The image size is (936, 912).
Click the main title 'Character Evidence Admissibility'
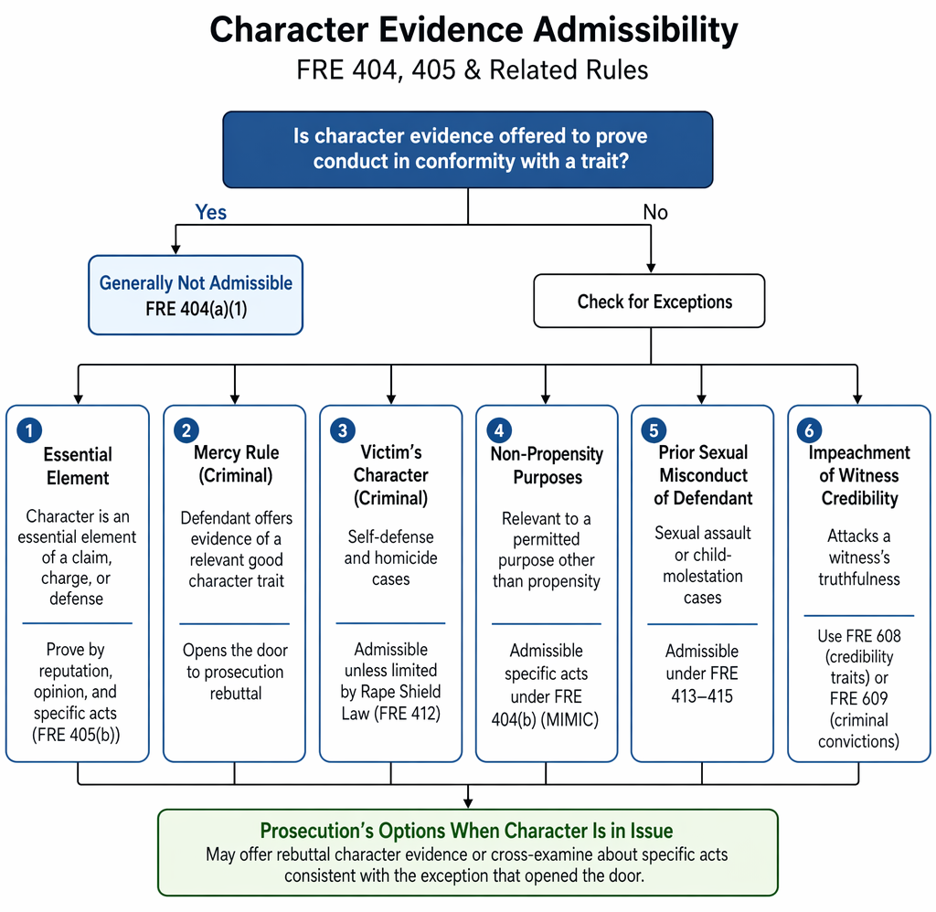[x=473, y=30]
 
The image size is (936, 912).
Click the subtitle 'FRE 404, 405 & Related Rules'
[x=473, y=69]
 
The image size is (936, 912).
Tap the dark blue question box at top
[x=468, y=149]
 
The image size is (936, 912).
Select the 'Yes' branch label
[x=211, y=212]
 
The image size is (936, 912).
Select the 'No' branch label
[x=654, y=212]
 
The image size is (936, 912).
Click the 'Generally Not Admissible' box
[x=196, y=295]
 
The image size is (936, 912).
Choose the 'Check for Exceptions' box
[x=649, y=301]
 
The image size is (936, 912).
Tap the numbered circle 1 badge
[x=29, y=430]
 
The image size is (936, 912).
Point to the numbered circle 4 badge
[x=499, y=430]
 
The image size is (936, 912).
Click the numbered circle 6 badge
[x=810, y=430]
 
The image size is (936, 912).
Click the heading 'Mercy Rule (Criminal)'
[x=236, y=463]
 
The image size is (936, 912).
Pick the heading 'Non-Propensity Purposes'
[x=547, y=465]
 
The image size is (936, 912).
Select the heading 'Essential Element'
[x=78, y=466]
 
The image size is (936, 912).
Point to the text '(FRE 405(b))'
[x=76, y=735]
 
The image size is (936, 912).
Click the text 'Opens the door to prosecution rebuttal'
[x=236, y=672]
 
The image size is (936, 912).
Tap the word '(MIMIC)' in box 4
[x=569, y=719]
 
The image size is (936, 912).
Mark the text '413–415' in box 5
[x=702, y=696]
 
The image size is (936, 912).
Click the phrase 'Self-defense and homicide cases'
[x=391, y=557]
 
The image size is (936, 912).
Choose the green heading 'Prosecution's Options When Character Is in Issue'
[x=467, y=831]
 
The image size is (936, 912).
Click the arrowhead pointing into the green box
[x=468, y=803]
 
